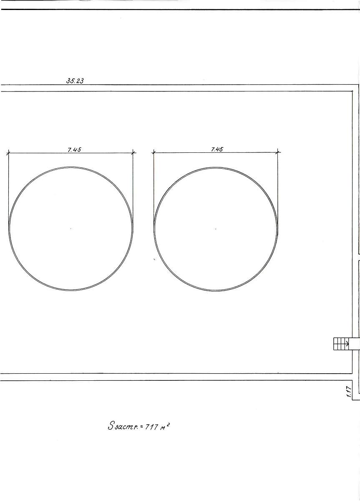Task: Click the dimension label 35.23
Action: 75,81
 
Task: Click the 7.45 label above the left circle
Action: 74,149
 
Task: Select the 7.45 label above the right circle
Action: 217,149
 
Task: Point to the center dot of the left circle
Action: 71,229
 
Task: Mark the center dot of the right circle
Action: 216,229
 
